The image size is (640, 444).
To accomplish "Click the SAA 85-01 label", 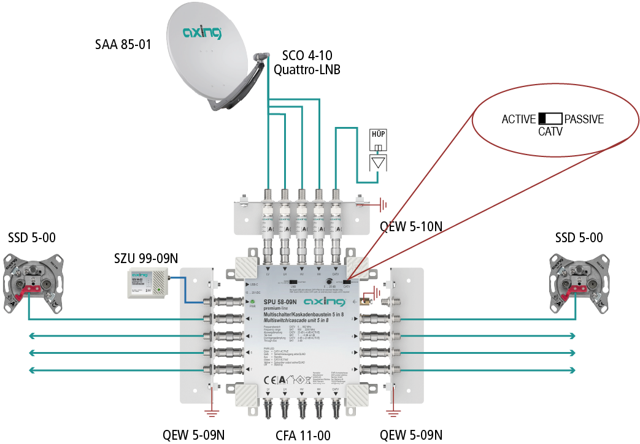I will (123, 45).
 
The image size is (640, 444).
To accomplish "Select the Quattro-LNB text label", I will (307, 69).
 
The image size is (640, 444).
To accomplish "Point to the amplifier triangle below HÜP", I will (379, 163).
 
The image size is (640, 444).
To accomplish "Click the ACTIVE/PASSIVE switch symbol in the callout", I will (550, 119).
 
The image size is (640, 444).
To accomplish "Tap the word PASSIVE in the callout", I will (584, 120).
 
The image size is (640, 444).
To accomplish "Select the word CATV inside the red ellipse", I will (550, 132).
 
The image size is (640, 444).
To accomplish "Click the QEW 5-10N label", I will (411, 226).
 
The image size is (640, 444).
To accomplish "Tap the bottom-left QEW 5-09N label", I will (193, 435).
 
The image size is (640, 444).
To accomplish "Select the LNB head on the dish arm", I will (260, 58).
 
